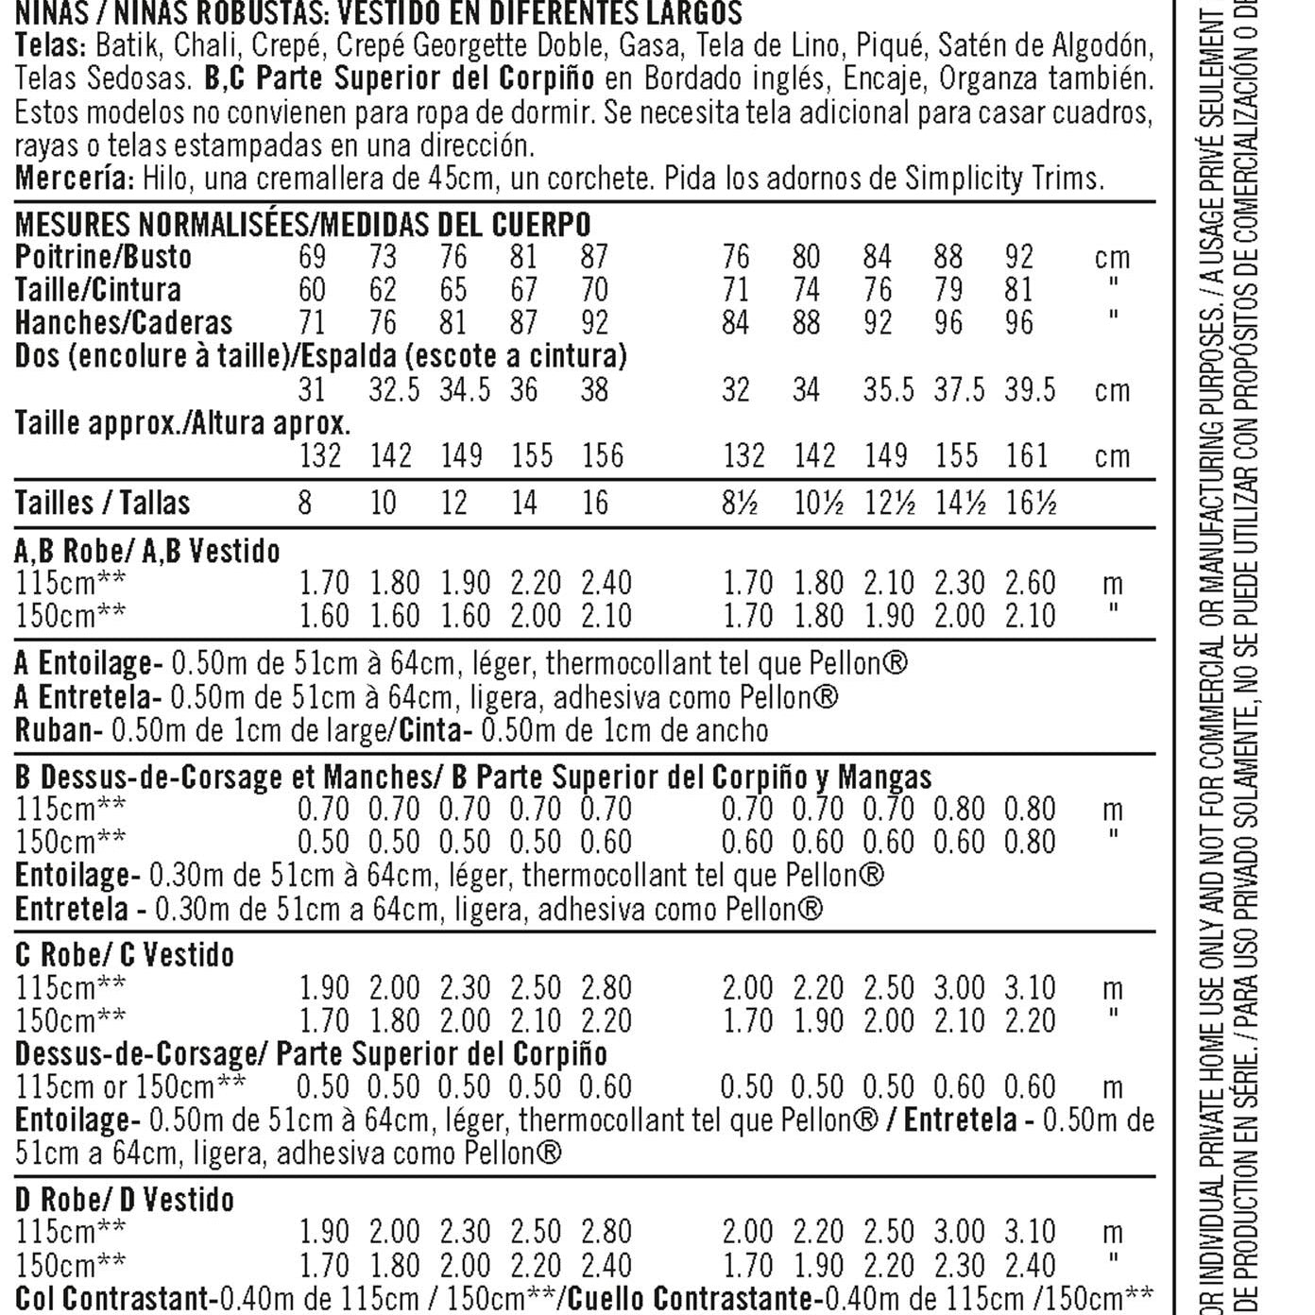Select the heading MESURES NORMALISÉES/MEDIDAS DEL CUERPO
302,225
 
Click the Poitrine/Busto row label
103,257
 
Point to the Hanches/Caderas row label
124,323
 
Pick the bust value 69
312,257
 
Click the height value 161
1027,456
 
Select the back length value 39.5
1030,390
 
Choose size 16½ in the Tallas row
1031,503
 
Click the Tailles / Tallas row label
102,503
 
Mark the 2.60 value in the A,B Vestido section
1030,583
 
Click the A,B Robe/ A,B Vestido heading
147,551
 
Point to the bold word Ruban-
59,730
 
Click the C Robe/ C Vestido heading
125,955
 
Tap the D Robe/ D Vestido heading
125,1200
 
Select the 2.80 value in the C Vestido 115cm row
606,988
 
